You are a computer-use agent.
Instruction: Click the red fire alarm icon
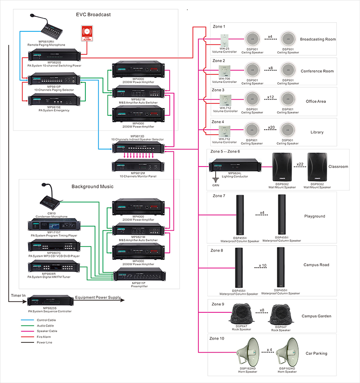pos(86,33)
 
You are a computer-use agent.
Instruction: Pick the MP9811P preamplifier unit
pos(138,276)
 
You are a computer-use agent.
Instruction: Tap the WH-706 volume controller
pos(224,71)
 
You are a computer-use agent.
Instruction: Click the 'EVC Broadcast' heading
pos(93,15)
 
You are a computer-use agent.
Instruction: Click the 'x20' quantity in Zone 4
pos(271,127)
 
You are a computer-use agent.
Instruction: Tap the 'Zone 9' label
pos(218,304)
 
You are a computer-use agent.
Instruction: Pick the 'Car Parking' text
pos(316,353)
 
